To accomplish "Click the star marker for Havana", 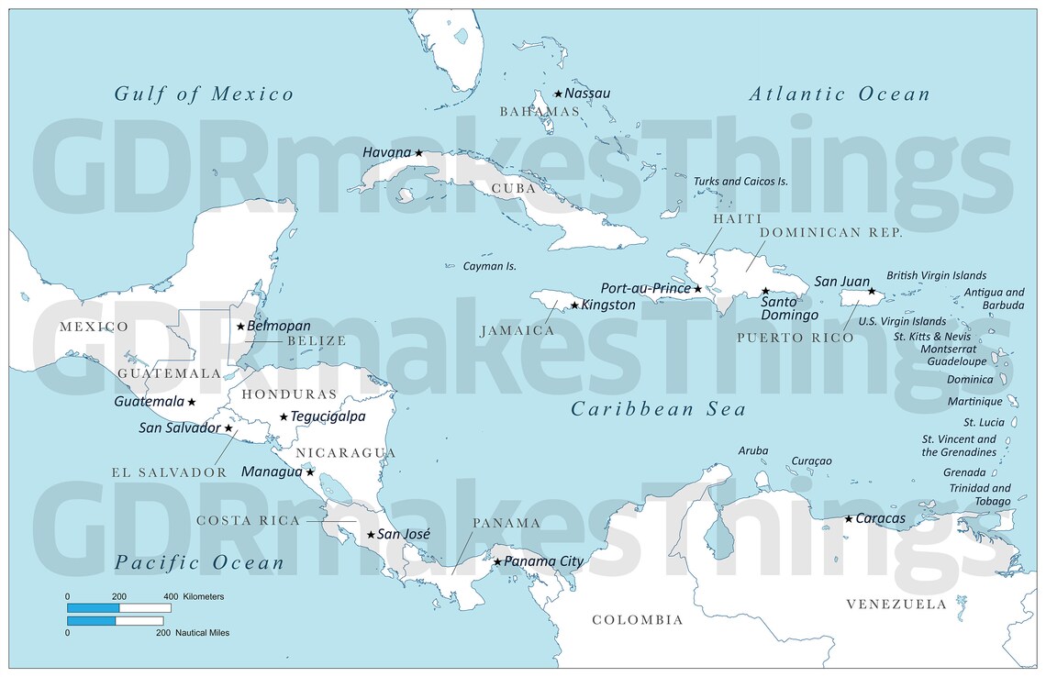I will [418, 153].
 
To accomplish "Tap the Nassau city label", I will [587, 94].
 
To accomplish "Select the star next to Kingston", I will [574, 305].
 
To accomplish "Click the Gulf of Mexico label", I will [204, 94].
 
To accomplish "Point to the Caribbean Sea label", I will [658, 409].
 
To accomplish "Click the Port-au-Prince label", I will [645, 289].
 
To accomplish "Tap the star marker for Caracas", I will [849, 519].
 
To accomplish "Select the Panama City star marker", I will [497, 561].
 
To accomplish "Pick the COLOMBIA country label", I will [637, 620].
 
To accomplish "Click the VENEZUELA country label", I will [896, 604].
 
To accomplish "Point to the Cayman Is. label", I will [489, 266].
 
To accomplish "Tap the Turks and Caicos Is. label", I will [740, 182].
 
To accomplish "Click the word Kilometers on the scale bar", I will [204, 597].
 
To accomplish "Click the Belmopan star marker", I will [240, 326].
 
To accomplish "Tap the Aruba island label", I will [752, 450].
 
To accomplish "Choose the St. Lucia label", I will [984, 423].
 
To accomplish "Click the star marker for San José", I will [371, 535].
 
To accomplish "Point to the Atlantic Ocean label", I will [840, 94].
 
